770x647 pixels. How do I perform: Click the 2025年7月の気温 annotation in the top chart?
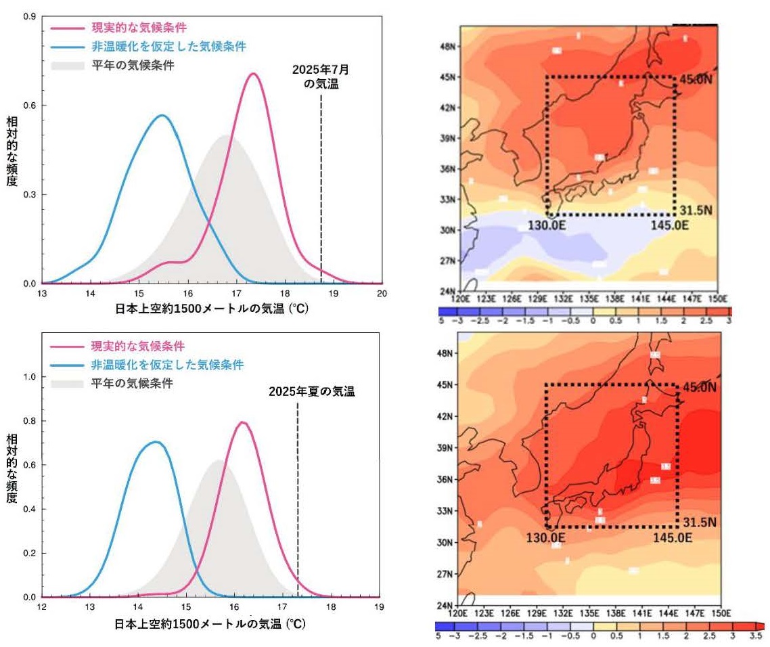[321, 76]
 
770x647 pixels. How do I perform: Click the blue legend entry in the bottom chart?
[167, 365]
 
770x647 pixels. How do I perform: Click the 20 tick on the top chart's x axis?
[382, 293]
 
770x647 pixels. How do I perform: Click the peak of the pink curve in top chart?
[253, 74]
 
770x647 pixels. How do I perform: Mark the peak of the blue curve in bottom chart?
[156, 442]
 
